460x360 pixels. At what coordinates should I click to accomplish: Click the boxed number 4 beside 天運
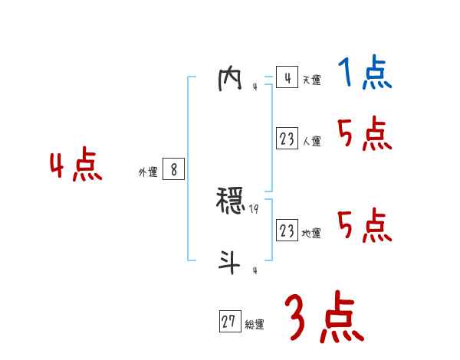[287, 78]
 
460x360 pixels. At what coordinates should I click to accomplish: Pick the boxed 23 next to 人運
[287, 139]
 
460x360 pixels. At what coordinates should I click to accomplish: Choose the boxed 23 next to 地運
[287, 231]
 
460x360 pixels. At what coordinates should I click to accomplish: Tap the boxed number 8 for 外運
[173, 170]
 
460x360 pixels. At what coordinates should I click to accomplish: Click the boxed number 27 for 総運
[229, 322]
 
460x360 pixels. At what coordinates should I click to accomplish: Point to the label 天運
[311, 80]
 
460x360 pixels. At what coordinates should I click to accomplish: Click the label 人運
[311, 142]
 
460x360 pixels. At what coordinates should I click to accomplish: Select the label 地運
[311, 233]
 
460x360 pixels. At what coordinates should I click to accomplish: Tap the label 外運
[148, 172]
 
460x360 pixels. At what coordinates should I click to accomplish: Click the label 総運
[255, 325]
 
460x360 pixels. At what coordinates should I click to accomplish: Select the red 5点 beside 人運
[364, 135]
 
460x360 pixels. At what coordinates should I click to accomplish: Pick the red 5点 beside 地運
[364, 225]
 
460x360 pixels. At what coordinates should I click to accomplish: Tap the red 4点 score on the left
[76, 168]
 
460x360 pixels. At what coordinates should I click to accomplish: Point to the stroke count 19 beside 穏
[255, 208]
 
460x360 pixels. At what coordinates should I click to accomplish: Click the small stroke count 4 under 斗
[255, 270]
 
